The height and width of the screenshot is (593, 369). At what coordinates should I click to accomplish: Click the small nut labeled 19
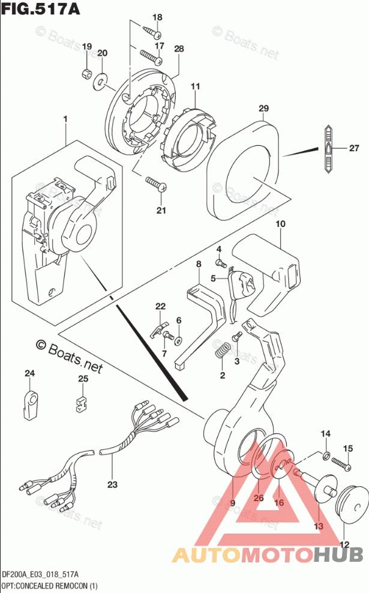tap(86, 74)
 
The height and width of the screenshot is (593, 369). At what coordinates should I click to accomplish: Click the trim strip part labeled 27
tap(329, 149)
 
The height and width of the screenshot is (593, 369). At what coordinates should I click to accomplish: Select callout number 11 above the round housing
tap(194, 88)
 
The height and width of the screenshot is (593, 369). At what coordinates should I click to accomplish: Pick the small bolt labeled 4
tap(220, 262)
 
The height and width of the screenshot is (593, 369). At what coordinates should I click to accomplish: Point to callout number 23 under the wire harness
tap(112, 484)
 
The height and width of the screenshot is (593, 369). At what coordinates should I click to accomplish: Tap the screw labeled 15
tap(341, 463)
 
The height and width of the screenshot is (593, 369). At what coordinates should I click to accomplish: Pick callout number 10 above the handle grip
tap(280, 224)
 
